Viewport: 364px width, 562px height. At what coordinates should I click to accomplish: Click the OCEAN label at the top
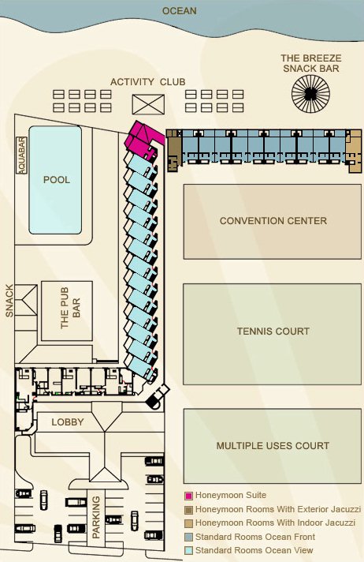179,11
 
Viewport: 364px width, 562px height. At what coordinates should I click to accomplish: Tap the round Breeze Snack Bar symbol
311,98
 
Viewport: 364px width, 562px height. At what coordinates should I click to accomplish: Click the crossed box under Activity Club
148,103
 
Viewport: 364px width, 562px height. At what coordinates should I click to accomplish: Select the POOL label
56,180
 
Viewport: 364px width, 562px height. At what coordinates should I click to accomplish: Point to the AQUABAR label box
22,155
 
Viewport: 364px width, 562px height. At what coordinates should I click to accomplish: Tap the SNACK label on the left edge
9,301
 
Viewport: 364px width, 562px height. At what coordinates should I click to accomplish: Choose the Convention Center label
273,221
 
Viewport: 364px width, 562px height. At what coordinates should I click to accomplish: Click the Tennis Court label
273,332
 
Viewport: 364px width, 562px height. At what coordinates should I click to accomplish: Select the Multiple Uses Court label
273,446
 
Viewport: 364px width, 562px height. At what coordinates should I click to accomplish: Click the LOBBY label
67,422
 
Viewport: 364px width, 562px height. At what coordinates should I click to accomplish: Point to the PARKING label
96,517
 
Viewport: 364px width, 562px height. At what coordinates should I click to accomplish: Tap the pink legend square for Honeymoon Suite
189,496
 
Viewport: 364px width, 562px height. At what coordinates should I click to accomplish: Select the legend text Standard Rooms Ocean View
255,550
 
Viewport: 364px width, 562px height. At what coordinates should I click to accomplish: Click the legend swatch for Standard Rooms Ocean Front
189,537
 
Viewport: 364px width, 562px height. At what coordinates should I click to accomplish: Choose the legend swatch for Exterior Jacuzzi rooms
189,509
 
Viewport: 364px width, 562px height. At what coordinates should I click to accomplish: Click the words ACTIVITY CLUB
147,81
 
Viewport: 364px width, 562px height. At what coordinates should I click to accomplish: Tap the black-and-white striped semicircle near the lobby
155,403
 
